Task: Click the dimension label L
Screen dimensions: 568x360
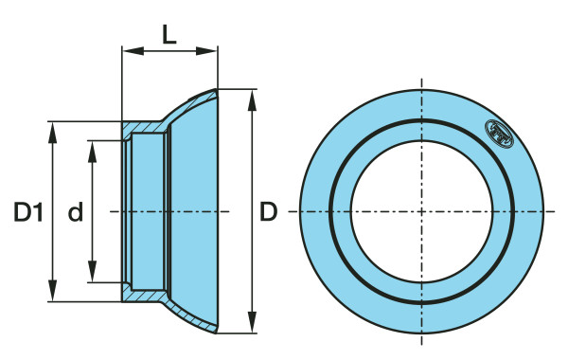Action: (x=169, y=35)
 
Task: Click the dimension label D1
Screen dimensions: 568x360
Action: (x=28, y=212)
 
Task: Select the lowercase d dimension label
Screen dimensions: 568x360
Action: (x=76, y=211)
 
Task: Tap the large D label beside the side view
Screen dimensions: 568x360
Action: (x=269, y=211)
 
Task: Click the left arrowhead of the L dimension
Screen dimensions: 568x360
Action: (x=133, y=51)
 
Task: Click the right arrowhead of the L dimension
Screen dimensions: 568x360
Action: (x=206, y=51)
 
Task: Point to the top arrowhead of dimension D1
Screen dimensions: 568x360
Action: (x=53, y=133)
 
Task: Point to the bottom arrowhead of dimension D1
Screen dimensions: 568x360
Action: (x=53, y=291)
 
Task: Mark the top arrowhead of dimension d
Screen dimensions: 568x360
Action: (x=93, y=152)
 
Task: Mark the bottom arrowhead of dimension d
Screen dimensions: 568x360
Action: (x=93, y=271)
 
